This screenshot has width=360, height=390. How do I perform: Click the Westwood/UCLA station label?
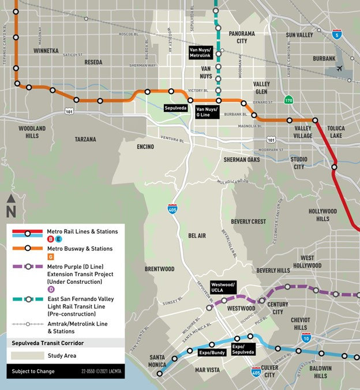click(223, 287)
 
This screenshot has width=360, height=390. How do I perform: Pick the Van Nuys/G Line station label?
click(207, 111)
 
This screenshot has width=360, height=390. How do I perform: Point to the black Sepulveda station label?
click(175, 108)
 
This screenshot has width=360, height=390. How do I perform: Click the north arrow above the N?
click(11, 198)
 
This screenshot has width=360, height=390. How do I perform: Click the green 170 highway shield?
click(288, 100)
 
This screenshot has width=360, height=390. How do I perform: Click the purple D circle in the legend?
click(19, 288)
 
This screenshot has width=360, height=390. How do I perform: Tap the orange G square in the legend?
click(19, 257)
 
